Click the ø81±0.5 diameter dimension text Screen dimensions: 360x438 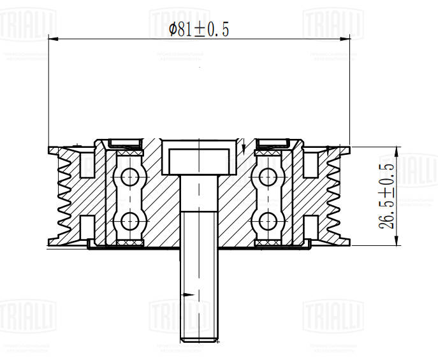(x=199, y=30)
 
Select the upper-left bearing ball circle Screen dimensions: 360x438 (x=131, y=176)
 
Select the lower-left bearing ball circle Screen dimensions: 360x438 (x=131, y=220)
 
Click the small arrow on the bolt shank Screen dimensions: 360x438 (x=187, y=294)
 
